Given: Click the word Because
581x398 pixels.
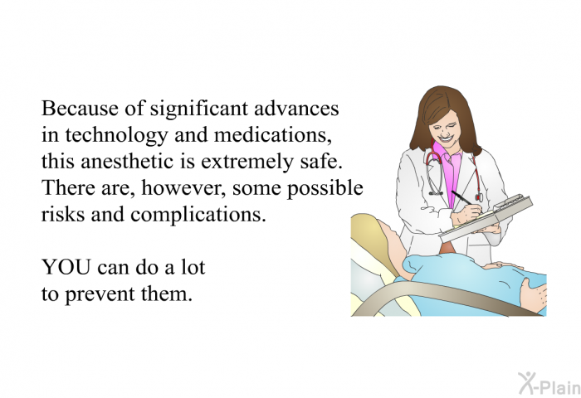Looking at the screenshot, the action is tap(80, 109).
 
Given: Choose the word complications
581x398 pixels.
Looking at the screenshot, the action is tap(198, 216).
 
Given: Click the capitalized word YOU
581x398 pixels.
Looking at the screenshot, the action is tap(66, 267).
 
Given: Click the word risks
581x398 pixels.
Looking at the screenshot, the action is tap(63, 215).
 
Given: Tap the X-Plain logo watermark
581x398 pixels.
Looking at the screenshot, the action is tap(549, 384).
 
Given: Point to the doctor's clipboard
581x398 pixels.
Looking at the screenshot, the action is tap(486, 218).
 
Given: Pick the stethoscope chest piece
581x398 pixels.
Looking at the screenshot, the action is tap(479, 197).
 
